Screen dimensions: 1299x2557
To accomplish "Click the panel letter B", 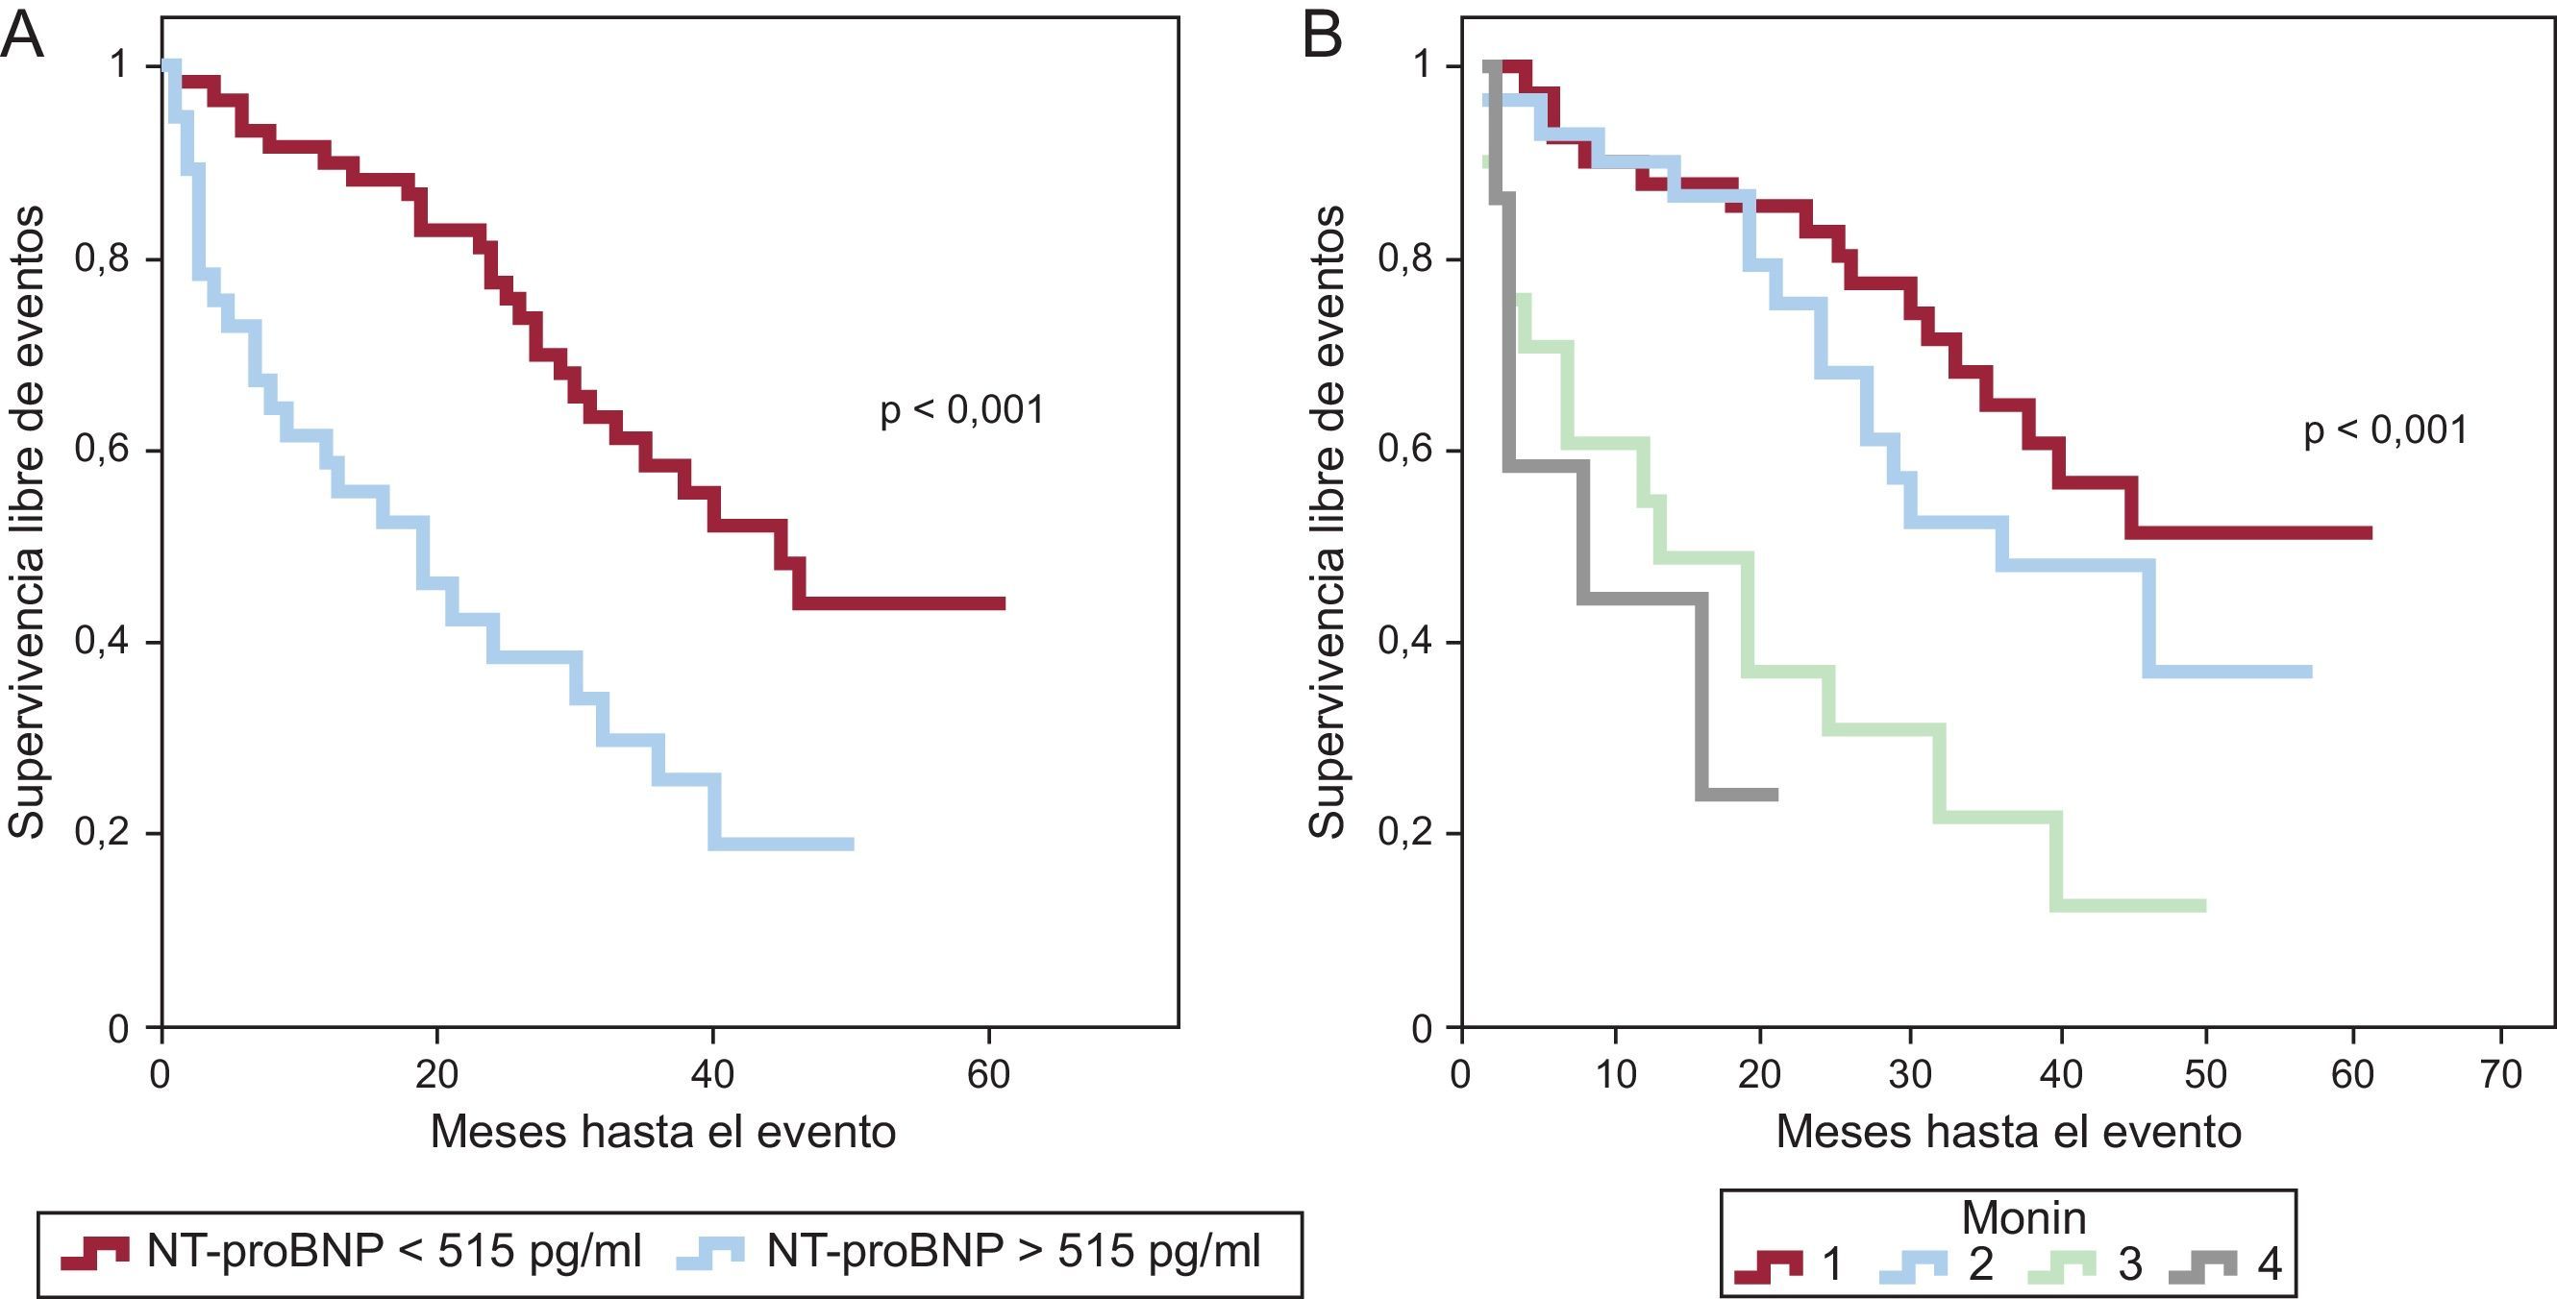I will point(1321,37).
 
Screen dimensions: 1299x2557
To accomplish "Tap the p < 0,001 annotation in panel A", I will point(962,410).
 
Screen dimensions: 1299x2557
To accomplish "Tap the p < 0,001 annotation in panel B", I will point(2384,430).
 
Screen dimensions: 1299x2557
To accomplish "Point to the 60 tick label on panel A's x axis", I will point(988,1074).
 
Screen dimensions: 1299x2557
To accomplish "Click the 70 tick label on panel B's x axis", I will point(2500,1074).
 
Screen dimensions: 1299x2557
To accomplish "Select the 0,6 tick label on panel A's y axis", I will point(101,451).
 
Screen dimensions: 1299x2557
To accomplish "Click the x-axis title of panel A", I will point(662,1132).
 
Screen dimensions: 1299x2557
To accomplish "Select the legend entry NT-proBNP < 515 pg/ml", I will point(394,1251).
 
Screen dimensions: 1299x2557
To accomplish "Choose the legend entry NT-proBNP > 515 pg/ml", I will point(1013,1251).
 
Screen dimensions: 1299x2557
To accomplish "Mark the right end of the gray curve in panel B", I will point(1775,795).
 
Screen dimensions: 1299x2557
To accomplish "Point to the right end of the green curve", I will point(2203,905).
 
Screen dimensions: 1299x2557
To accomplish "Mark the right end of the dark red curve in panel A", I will point(1004,603).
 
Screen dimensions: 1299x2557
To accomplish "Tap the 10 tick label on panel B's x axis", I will point(1615,1074).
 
